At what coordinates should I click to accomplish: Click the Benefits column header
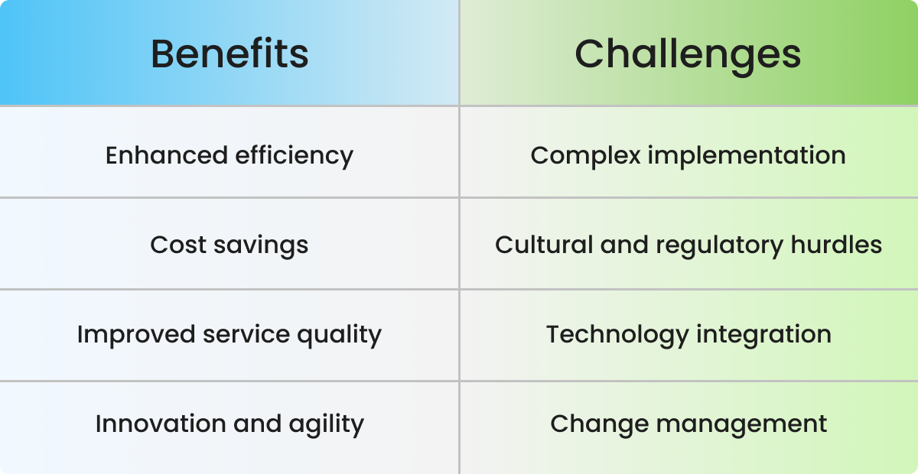(x=229, y=54)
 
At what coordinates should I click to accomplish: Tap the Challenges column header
(x=688, y=54)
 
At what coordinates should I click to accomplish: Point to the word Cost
(x=174, y=245)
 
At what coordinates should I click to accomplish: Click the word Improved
(x=136, y=334)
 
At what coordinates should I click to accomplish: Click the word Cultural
(x=544, y=245)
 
